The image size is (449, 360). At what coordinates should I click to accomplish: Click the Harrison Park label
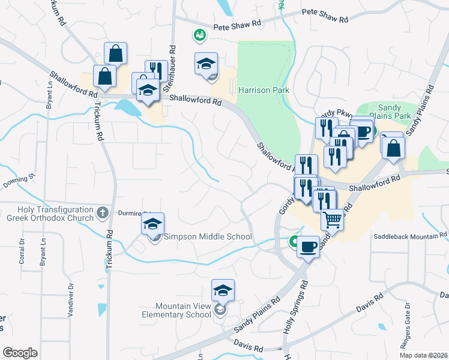click(264, 91)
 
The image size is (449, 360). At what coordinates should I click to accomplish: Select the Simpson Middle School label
click(208, 236)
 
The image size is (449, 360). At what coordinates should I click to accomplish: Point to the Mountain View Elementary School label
click(176, 310)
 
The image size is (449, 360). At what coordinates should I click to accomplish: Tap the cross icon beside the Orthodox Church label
click(103, 212)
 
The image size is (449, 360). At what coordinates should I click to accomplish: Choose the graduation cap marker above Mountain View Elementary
click(223, 291)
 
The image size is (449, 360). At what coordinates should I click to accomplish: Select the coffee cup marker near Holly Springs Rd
click(309, 246)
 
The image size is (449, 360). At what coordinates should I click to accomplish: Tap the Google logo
click(19, 353)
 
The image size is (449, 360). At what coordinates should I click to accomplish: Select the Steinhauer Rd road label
click(173, 66)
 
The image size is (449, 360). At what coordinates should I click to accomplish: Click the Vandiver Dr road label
click(70, 300)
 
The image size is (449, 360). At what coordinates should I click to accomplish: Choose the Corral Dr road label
click(22, 250)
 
